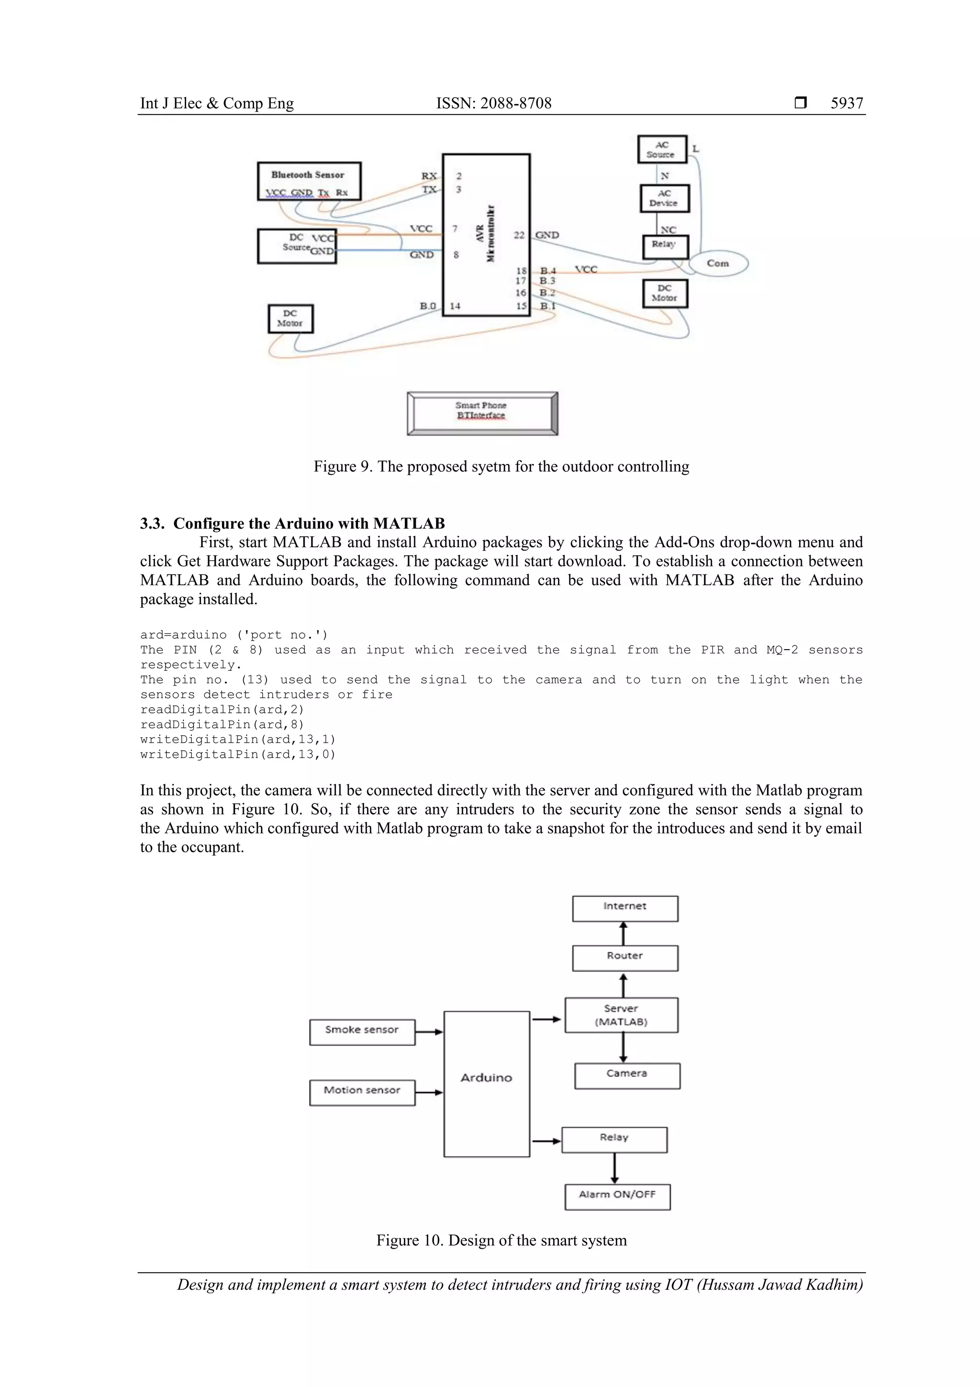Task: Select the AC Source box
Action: pyautogui.click(x=662, y=149)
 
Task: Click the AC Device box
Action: pyautogui.click(x=664, y=198)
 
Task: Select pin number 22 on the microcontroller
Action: pyautogui.click(x=519, y=235)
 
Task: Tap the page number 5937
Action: pyautogui.click(x=846, y=103)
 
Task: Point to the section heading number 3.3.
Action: pyautogui.click(x=152, y=523)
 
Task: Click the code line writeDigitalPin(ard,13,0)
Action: pyautogui.click(x=237, y=754)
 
